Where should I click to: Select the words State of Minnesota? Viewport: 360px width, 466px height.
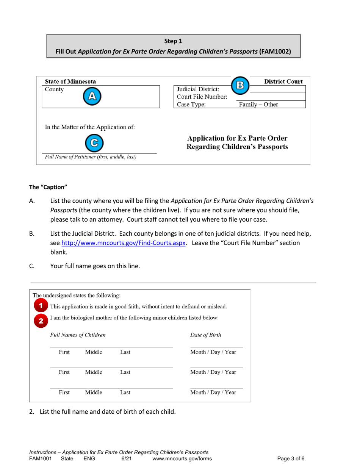click(70, 81)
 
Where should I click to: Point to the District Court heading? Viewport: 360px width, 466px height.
click(283, 81)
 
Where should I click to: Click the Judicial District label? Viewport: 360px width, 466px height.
click(196, 90)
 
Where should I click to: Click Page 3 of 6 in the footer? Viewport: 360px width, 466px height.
click(291, 459)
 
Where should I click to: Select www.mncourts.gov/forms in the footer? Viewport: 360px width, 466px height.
click(182, 459)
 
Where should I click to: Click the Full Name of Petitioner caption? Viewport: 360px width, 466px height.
click(91, 156)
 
